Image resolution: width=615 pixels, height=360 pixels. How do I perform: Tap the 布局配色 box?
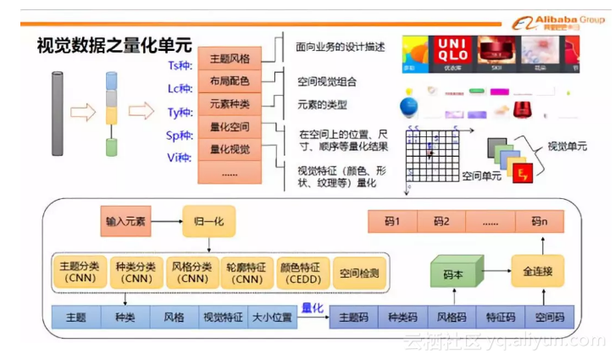click(x=230, y=82)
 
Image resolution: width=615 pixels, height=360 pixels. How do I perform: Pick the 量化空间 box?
click(x=230, y=127)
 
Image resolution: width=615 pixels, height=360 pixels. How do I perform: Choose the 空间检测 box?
click(x=358, y=272)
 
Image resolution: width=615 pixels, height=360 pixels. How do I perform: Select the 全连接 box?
click(x=537, y=272)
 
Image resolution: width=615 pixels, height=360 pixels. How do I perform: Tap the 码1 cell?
click(x=392, y=222)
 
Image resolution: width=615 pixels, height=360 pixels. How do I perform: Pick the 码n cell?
click(x=540, y=222)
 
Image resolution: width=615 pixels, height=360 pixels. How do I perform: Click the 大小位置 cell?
click(x=272, y=318)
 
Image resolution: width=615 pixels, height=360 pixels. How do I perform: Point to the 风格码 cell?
click(x=451, y=318)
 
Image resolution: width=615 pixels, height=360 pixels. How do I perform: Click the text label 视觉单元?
click(x=567, y=147)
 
